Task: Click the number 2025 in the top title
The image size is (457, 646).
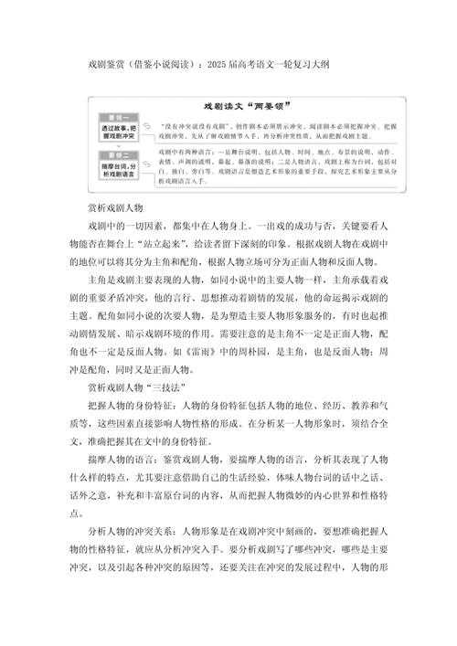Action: [218, 64]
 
